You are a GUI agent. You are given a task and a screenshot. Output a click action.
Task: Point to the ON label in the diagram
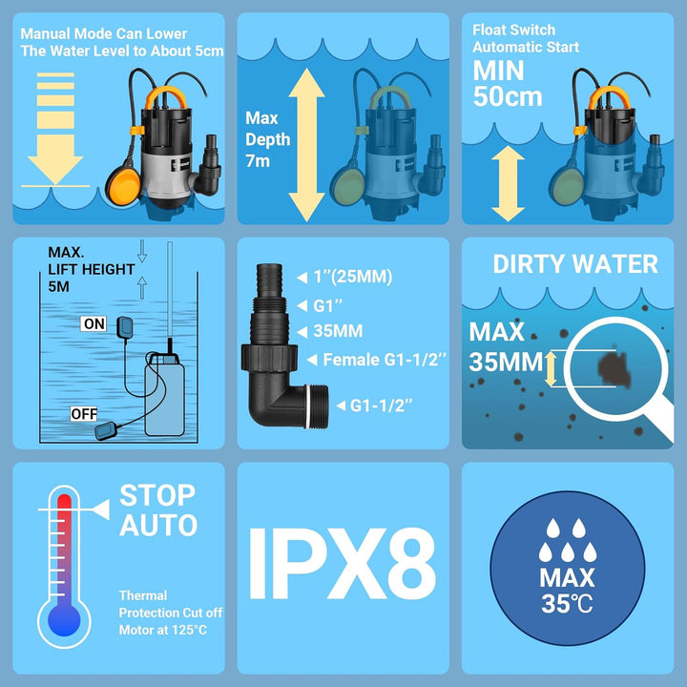tap(94, 324)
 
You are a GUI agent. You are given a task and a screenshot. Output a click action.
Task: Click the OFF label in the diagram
tap(83, 414)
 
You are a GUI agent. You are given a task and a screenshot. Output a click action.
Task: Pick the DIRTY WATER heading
tap(574, 264)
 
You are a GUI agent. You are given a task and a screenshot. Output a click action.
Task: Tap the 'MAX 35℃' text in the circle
tap(567, 590)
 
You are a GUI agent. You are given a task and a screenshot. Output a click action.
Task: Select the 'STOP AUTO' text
tap(158, 510)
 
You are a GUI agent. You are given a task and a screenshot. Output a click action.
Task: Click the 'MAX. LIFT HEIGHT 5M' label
tap(91, 269)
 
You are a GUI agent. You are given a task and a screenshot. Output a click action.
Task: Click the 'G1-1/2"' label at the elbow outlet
tap(381, 405)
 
